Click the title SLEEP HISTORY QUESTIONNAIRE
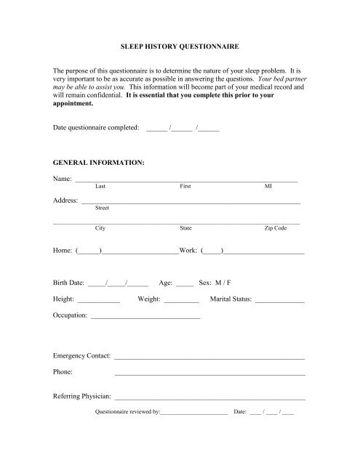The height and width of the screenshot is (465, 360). pyautogui.click(x=180, y=46)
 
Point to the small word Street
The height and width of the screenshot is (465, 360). pyautogui.click(x=102, y=207)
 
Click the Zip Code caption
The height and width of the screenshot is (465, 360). pyautogui.click(x=276, y=228)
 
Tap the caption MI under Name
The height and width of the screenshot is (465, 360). pyautogui.click(x=268, y=187)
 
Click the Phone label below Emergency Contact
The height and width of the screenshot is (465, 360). pyautogui.click(x=63, y=373)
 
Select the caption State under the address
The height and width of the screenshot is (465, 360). pyautogui.click(x=185, y=228)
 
